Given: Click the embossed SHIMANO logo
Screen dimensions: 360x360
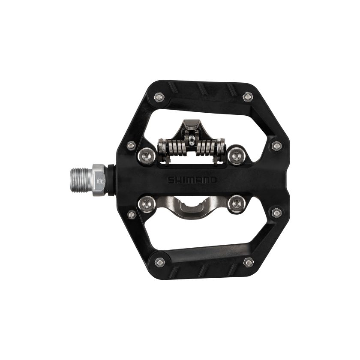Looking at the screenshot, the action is tap(192, 180).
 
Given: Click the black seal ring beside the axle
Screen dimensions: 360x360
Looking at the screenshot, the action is tap(111, 180).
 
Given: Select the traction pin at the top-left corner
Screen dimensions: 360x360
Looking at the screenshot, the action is tap(159, 97).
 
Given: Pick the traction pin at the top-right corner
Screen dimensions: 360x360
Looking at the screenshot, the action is tap(248, 97).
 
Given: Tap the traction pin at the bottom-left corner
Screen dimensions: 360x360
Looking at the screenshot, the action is tap(159, 262).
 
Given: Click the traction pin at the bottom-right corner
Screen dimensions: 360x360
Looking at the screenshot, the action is tap(249, 262).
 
